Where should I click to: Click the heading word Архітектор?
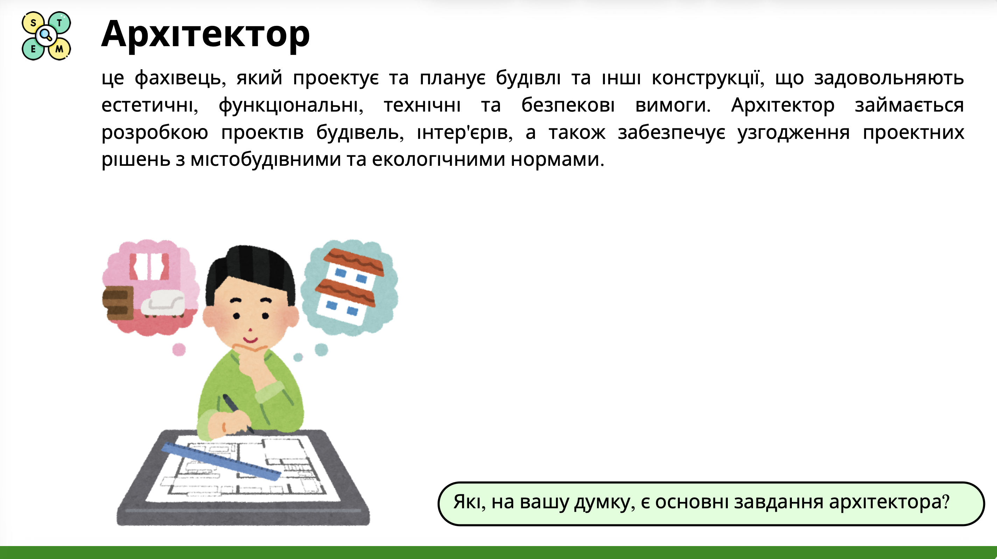(x=205, y=34)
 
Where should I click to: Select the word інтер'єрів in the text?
(x=465, y=133)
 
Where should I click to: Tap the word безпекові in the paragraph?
(x=568, y=105)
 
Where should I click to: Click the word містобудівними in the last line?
(x=265, y=160)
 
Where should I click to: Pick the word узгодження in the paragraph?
(x=793, y=133)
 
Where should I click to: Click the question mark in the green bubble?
(x=946, y=502)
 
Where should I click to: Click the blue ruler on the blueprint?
(x=221, y=461)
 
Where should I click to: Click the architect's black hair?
(x=252, y=267)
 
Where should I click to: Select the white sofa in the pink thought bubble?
(x=162, y=303)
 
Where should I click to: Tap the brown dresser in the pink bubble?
(x=117, y=303)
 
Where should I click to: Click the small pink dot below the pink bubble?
(x=179, y=349)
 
